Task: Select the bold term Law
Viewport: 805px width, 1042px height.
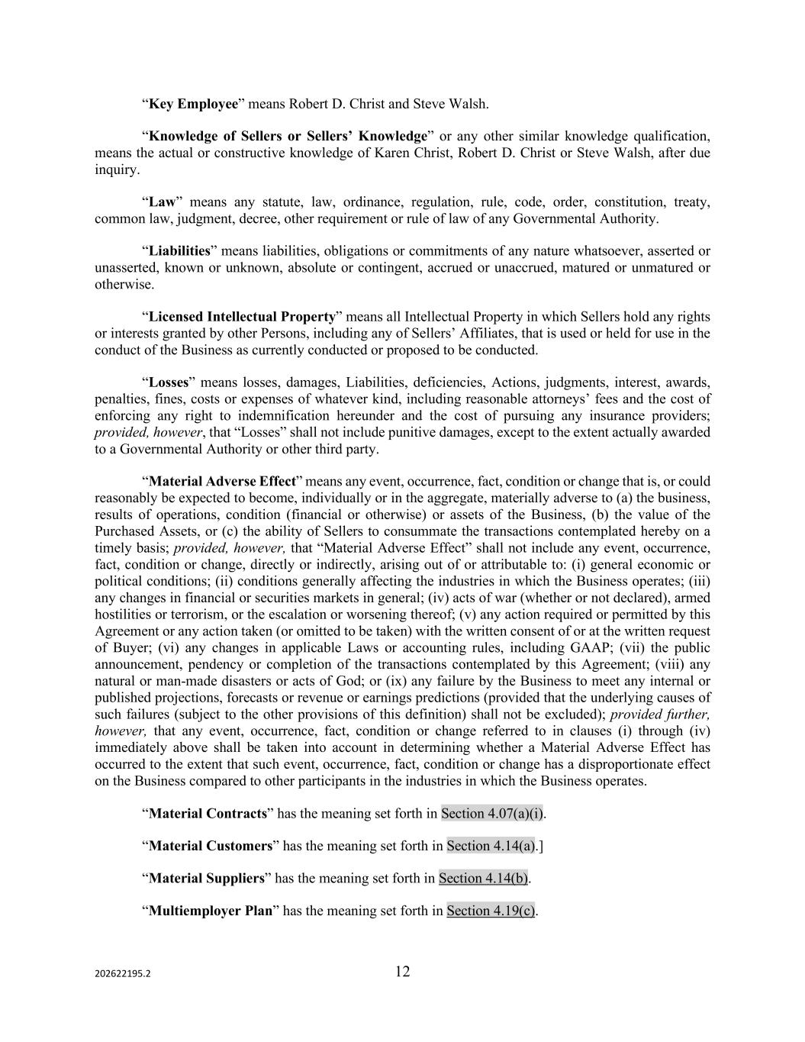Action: pos(162,202)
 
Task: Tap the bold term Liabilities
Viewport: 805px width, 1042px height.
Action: pos(179,251)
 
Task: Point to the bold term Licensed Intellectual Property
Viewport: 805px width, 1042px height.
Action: pos(242,317)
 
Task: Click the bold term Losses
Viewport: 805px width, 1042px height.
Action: pos(168,382)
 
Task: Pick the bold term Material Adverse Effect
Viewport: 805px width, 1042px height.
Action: pos(221,482)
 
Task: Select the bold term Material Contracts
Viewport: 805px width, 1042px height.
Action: pos(207,814)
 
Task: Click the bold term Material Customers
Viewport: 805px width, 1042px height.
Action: pos(210,846)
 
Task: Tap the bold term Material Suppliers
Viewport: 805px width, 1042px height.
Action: pos(206,879)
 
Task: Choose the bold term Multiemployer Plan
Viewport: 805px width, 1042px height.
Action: pos(210,911)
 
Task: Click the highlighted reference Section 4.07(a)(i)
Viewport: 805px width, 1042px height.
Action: pos(492,814)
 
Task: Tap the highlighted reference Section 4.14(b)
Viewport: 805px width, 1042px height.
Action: pos(483,879)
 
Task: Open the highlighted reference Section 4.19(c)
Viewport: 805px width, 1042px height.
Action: pos(491,911)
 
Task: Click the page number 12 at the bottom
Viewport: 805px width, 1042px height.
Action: pos(402,972)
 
